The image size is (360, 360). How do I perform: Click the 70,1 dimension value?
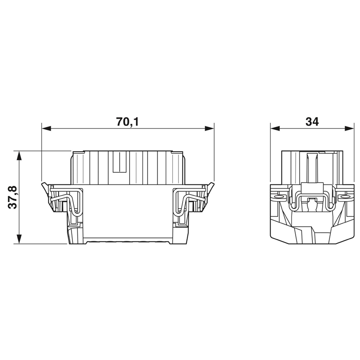[x=128, y=121]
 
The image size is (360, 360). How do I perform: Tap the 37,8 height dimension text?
[x=13, y=197]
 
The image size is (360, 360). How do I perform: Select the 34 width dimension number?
[x=312, y=121]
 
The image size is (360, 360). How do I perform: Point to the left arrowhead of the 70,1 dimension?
[x=46, y=128]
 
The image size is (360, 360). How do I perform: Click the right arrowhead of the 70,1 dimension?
[x=209, y=128]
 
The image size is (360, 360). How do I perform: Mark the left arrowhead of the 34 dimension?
[x=275, y=128]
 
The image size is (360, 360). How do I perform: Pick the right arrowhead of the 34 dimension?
[x=349, y=128]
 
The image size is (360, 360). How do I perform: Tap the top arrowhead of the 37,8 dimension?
[x=19, y=155]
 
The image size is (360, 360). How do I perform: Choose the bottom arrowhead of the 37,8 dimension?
[x=19, y=239]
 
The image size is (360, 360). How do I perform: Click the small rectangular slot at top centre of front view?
[x=119, y=162]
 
